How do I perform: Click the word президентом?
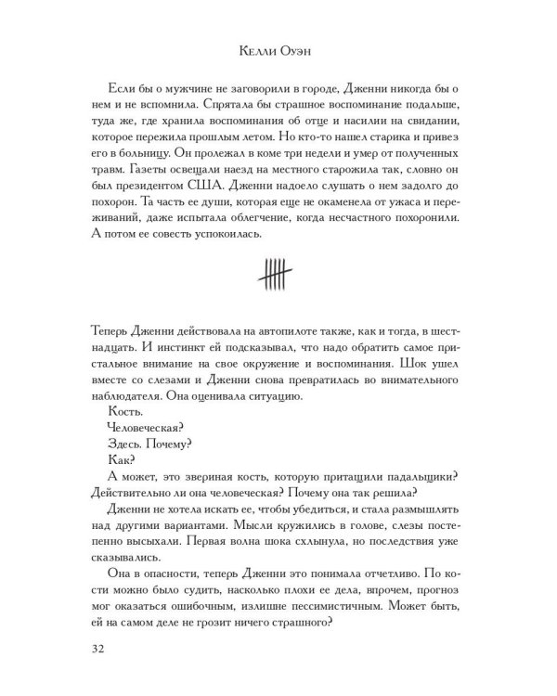148,197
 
